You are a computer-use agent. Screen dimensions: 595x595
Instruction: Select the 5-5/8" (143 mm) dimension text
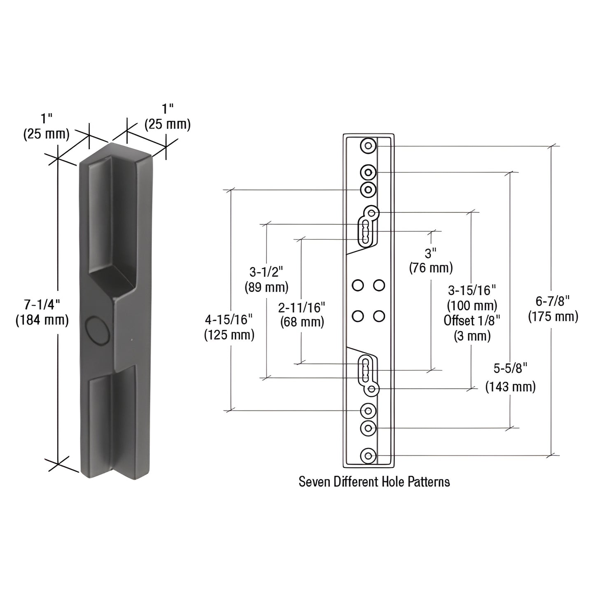click(x=510, y=377)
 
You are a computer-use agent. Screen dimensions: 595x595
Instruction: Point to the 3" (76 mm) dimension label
click(x=431, y=260)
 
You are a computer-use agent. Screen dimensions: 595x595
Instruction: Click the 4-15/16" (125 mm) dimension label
click(x=229, y=327)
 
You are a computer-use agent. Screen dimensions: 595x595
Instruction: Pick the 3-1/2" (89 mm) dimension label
click(x=266, y=279)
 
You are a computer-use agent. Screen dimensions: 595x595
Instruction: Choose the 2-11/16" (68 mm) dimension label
click(x=302, y=314)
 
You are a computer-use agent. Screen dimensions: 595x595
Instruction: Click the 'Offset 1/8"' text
click(x=472, y=320)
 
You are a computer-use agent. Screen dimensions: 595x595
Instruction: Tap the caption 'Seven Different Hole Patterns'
click(x=374, y=481)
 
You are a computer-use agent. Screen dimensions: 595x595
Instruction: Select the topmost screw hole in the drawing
click(x=368, y=146)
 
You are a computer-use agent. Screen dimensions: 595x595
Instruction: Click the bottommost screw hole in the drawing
click(x=368, y=456)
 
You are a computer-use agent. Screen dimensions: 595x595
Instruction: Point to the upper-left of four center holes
click(x=358, y=285)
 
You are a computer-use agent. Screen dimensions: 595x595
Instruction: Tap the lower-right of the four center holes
click(x=379, y=316)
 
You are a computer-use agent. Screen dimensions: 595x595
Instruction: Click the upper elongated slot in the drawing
click(x=365, y=233)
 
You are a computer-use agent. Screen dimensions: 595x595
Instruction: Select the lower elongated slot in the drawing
click(x=365, y=369)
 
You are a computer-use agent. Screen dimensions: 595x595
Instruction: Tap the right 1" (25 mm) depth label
click(x=167, y=117)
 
